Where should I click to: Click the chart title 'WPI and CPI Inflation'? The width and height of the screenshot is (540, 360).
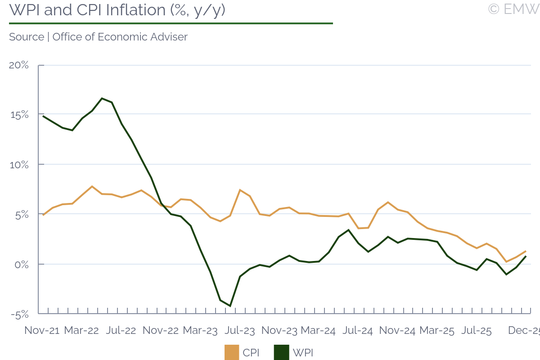(117, 10)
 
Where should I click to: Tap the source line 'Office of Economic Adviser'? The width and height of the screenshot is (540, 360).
(98, 37)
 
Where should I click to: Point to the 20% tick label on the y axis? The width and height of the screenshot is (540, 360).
(19, 65)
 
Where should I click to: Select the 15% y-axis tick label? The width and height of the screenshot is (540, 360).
(19, 115)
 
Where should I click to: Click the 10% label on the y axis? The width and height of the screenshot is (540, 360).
(19, 165)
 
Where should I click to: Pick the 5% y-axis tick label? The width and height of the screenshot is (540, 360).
(21, 215)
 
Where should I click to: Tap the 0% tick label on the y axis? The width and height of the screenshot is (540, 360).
(21, 264)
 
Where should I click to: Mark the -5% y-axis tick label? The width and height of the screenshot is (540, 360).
(19, 314)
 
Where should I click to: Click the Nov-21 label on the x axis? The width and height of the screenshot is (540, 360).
(42, 330)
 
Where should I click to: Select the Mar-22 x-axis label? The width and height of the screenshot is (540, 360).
(81, 330)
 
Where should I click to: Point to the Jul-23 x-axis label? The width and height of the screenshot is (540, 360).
(240, 330)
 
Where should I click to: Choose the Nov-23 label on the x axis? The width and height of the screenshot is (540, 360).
(279, 330)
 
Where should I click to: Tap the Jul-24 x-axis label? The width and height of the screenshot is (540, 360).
(358, 330)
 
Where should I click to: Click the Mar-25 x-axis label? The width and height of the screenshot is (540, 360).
(437, 330)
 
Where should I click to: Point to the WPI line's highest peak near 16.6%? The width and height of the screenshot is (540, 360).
(102, 98)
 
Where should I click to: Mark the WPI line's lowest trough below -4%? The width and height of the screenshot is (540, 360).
(230, 306)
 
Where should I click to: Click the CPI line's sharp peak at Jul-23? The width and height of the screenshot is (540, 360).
(240, 190)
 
